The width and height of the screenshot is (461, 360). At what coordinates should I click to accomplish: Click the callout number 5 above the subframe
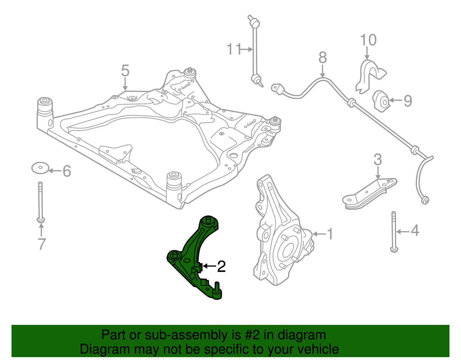click(125, 71)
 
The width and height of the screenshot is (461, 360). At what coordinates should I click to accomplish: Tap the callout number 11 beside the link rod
click(234, 49)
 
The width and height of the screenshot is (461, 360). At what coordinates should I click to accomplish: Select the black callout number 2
click(221, 266)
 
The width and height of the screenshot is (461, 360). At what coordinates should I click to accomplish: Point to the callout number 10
click(368, 40)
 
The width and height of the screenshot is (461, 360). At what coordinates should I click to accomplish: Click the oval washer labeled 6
click(40, 168)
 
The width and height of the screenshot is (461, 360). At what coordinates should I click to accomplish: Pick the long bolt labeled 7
click(41, 202)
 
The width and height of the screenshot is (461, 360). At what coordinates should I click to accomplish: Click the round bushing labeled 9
click(382, 101)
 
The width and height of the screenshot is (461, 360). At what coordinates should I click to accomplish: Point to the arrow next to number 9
click(396, 100)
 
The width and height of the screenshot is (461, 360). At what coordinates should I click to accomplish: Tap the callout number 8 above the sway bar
click(323, 58)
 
